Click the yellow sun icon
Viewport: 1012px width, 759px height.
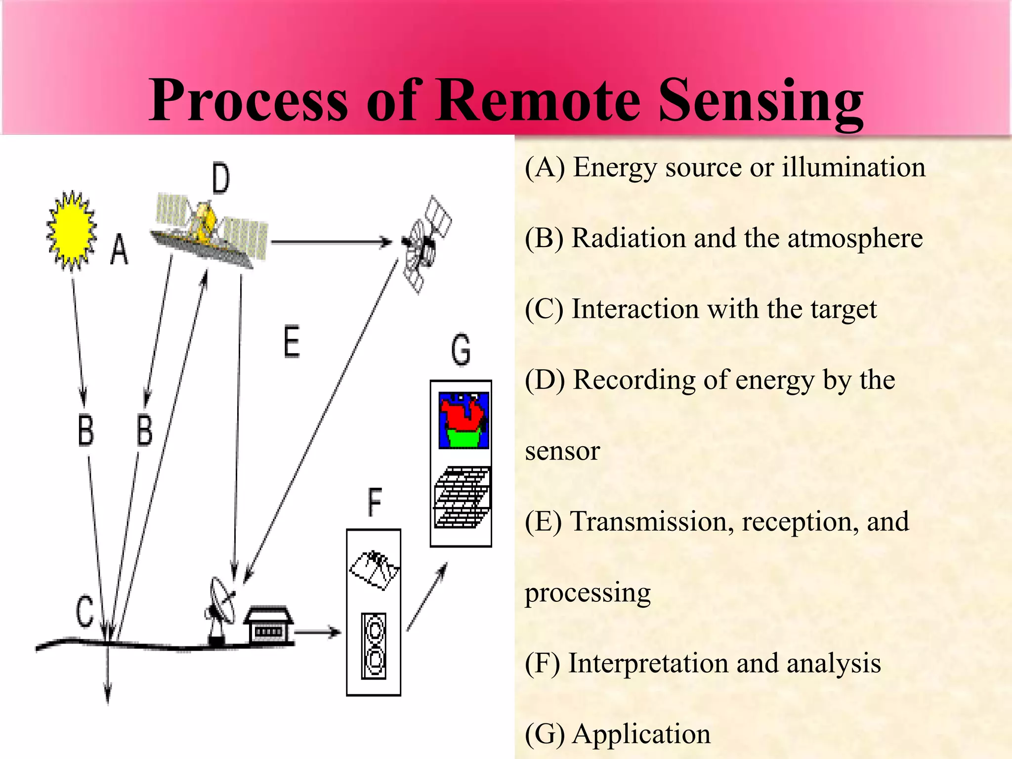pos(72,230)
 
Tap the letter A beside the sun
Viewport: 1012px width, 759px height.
pos(119,251)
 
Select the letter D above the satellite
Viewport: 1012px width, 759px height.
pos(220,178)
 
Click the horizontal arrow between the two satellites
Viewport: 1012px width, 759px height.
pos(331,242)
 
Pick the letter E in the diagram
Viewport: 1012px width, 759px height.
pos(292,341)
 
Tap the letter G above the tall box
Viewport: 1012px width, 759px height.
pos(461,349)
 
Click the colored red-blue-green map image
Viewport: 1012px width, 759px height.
pos(464,421)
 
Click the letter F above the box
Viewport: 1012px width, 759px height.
pos(375,502)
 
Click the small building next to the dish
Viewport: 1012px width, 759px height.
pos(268,625)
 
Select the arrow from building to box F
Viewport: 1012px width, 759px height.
pos(318,632)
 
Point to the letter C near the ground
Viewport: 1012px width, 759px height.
pos(84,611)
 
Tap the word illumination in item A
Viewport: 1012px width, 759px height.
pos(853,167)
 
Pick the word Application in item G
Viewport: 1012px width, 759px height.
pos(641,734)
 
